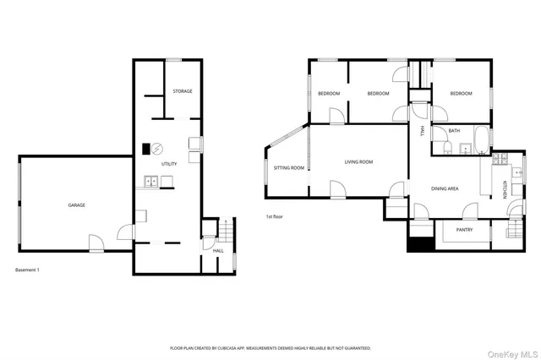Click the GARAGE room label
tap(77, 205)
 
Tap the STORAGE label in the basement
tap(183, 91)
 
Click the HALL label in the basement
tap(218, 251)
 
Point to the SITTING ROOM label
tap(289, 167)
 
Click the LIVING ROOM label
tap(358, 161)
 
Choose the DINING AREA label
tap(445, 188)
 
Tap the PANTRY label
tap(464, 230)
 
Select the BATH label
tap(455, 131)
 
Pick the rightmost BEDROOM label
tap(461, 93)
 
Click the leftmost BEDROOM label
tap(329, 93)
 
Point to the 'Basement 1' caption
tap(28, 270)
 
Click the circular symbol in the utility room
tap(156, 149)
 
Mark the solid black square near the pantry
tap(418, 244)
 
